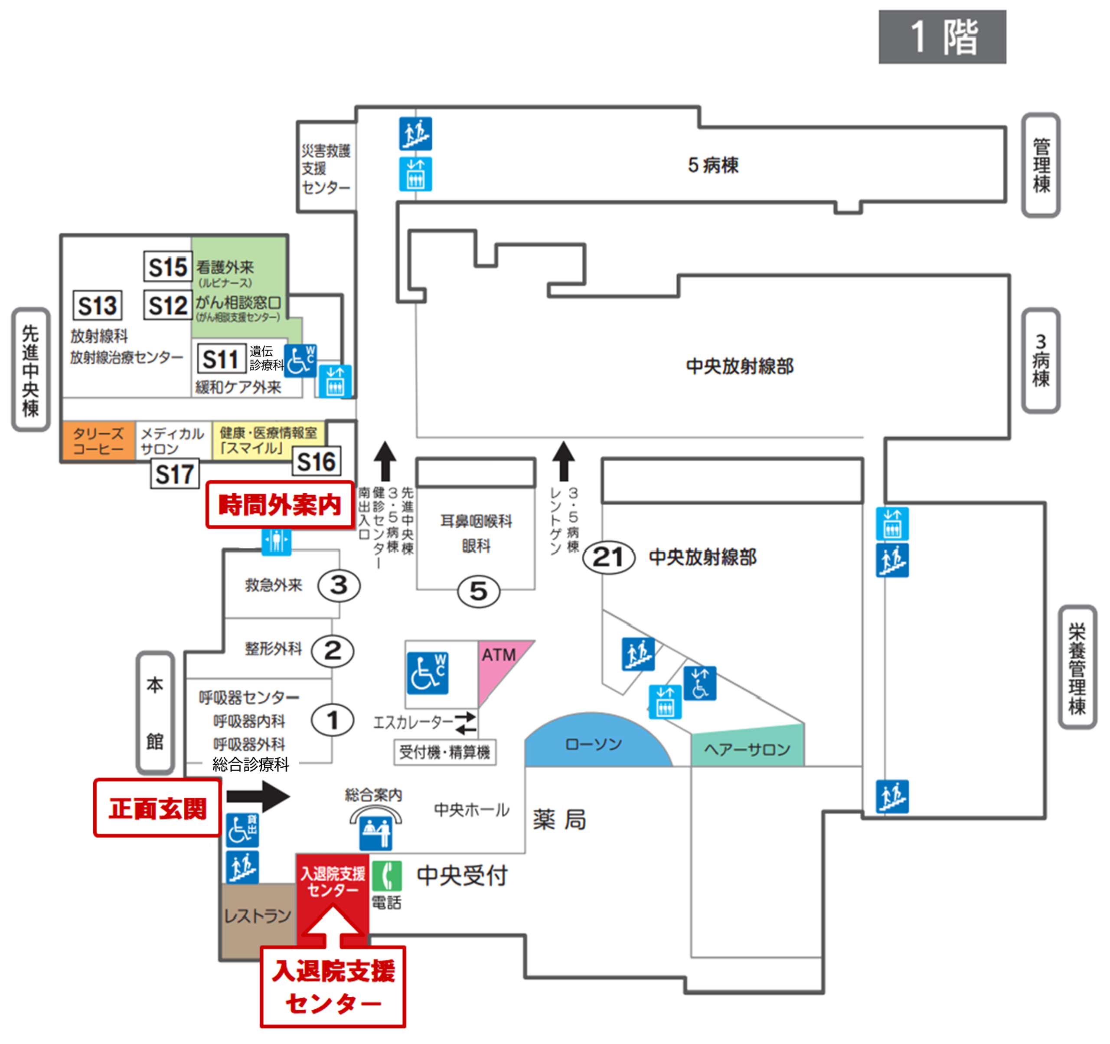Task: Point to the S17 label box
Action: click(x=175, y=475)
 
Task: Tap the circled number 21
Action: click(x=609, y=557)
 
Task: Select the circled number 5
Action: click(x=479, y=592)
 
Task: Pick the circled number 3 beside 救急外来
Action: click(x=339, y=586)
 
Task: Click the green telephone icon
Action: click(x=386, y=875)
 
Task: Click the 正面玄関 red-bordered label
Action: click(x=157, y=808)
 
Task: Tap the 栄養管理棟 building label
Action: click(x=1077, y=668)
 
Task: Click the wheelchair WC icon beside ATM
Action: click(x=428, y=673)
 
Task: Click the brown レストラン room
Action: click(x=258, y=916)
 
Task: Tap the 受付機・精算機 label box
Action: click(x=444, y=753)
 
